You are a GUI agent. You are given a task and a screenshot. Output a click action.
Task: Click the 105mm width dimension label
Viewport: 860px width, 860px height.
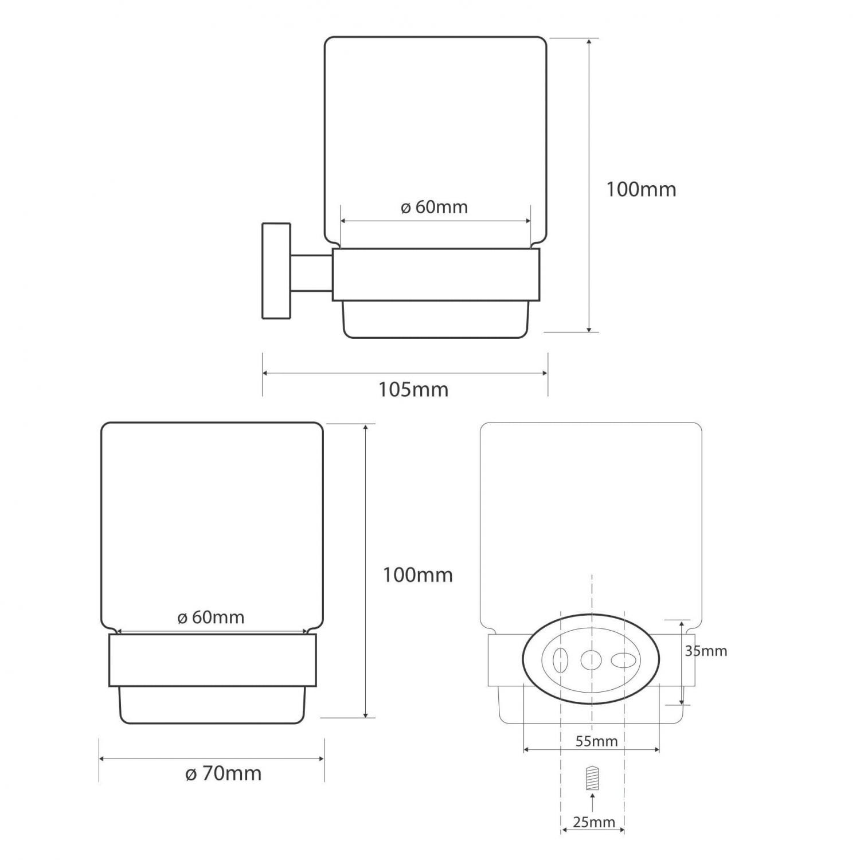[x=413, y=390]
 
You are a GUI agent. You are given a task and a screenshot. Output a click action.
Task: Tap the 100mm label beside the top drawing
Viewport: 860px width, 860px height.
[x=641, y=189]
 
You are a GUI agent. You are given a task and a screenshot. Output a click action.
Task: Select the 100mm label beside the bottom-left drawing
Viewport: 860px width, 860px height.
[x=417, y=574]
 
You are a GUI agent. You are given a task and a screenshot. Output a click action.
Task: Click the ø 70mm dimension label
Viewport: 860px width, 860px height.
[x=223, y=773]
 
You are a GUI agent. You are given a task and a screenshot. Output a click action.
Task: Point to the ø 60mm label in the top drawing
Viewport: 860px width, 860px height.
[x=434, y=207]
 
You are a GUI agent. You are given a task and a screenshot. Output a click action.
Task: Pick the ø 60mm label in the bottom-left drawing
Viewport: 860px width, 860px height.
[x=210, y=617]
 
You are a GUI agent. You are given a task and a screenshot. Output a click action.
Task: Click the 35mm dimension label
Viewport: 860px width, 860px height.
[x=706, y=651]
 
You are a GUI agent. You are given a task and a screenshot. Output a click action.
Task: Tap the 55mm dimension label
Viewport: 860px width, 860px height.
[x=596, y=741]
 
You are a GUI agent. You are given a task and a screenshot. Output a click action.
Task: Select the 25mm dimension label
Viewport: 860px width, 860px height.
[x=594, y=822]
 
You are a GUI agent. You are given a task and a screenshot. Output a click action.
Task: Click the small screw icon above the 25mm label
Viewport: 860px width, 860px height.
[x=592, y=778]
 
